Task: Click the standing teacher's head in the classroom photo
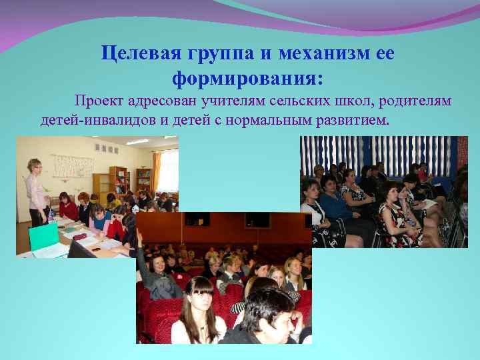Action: pyautogui.click(x=33, y=165)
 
